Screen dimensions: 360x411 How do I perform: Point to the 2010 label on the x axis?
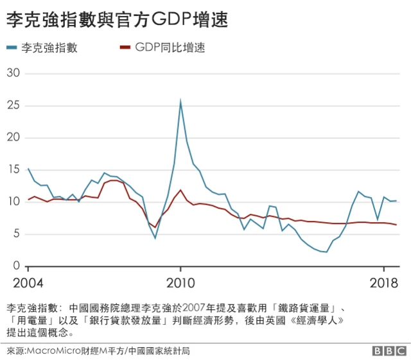pos(180,283)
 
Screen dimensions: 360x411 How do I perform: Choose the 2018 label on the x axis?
pos(383,283)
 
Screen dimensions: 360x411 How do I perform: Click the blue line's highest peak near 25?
pos(180,101)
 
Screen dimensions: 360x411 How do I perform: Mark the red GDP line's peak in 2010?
pos(180,191)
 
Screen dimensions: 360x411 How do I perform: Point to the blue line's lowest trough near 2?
pos(326,252)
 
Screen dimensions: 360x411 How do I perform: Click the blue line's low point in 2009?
pos(155,238)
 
